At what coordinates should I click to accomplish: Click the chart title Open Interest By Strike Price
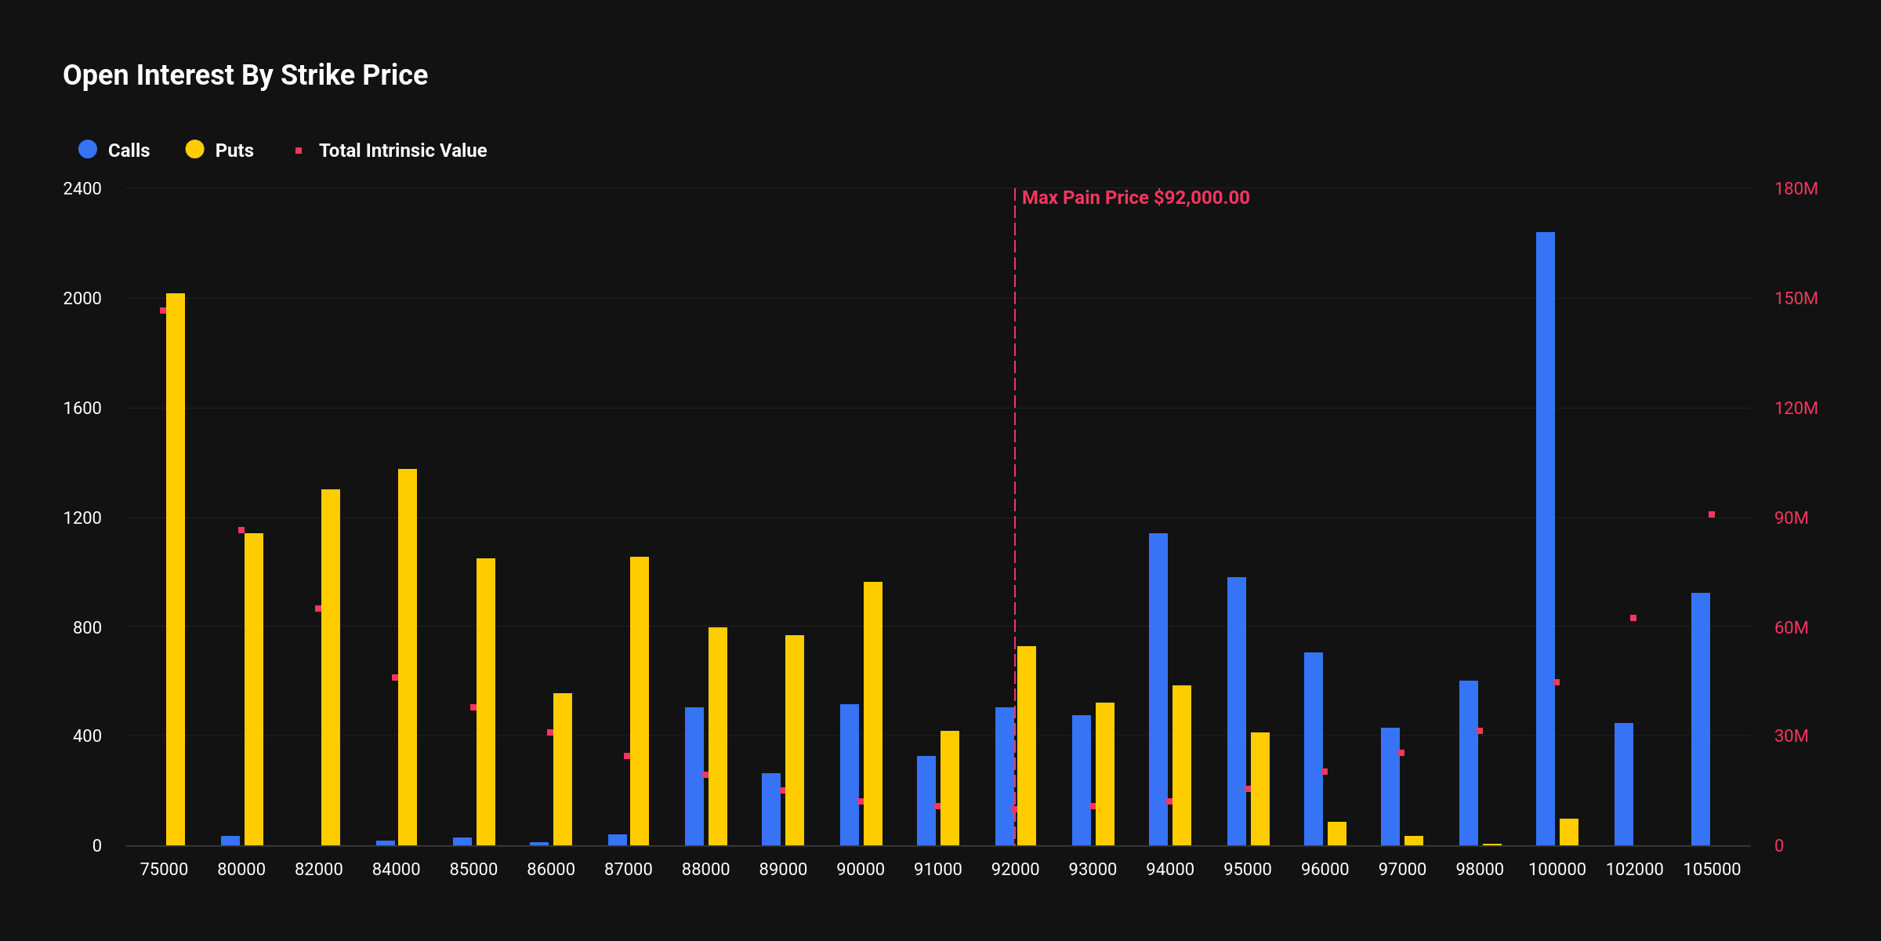(x=245, y=75)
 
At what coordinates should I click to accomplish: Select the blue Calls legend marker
(x=88, y=150)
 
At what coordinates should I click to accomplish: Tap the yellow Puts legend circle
(x=194, y=150)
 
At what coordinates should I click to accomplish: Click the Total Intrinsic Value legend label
(x=403, y=151)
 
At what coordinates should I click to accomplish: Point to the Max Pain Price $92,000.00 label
(x=1136, y=198)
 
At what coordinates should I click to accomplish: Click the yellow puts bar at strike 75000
(x=176, y=569)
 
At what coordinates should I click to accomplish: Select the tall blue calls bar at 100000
(x=1546, y=538)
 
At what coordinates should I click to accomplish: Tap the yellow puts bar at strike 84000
(x=408, y=657)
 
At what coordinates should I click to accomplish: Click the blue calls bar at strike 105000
(x=1701, y=718)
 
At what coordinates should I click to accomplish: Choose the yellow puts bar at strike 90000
(x=873, y=713)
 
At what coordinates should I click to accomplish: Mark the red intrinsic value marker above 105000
(x=1712, y=514)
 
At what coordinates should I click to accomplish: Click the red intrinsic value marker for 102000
(x=1633, y=618)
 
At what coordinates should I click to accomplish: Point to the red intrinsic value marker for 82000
(x=318, y=609)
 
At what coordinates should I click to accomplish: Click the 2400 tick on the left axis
(x=82, y=189)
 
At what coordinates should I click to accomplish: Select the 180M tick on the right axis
(x=1796, y=189)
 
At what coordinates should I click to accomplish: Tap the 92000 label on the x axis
(x=1015, y=869)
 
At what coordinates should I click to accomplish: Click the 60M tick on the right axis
(x=1791, y=627)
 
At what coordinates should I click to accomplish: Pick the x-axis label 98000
(x=1480, y=869)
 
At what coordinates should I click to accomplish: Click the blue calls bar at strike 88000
(x=694, y=776)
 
